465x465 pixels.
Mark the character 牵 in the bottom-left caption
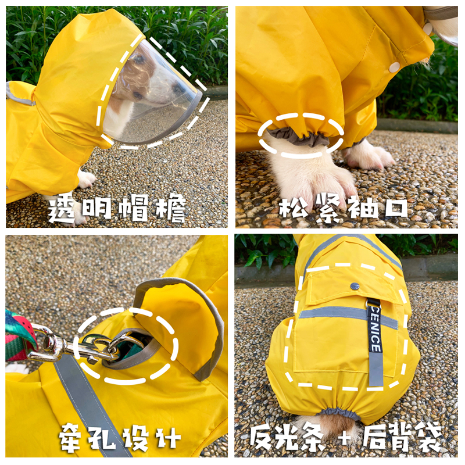click(70, 437)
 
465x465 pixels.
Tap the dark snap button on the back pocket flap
click(355, 286)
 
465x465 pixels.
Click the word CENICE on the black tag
click(374, 330)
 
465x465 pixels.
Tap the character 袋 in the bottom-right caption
click(428, 438)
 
